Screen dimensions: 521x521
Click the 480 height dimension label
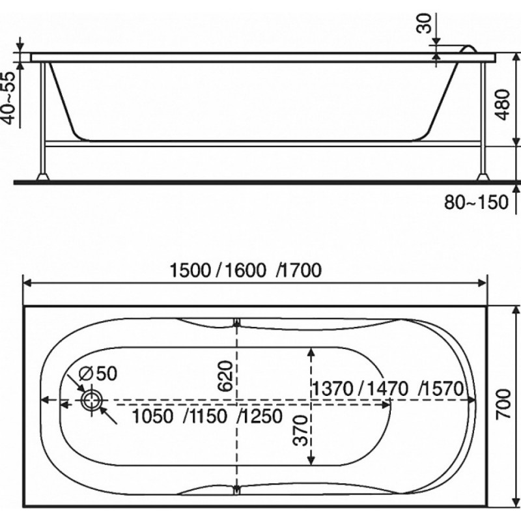pyautogui.click(x=503, y=104)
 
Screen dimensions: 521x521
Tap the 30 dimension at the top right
pyautogui.click(x=424, y=23)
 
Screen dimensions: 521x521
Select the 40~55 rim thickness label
pyautogui.click(x=9, y=98)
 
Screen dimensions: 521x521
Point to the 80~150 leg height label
pyautogui.click(x=476, y=202)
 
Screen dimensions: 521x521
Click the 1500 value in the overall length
pyautogui.click(x=190, y=270)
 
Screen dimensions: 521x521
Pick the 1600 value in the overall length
pyautogui.click(x=246, y=270)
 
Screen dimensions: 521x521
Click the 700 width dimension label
pyautogui.click(x=503, y=403)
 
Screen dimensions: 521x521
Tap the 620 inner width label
pyautogui.click(x=225, y=376)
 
